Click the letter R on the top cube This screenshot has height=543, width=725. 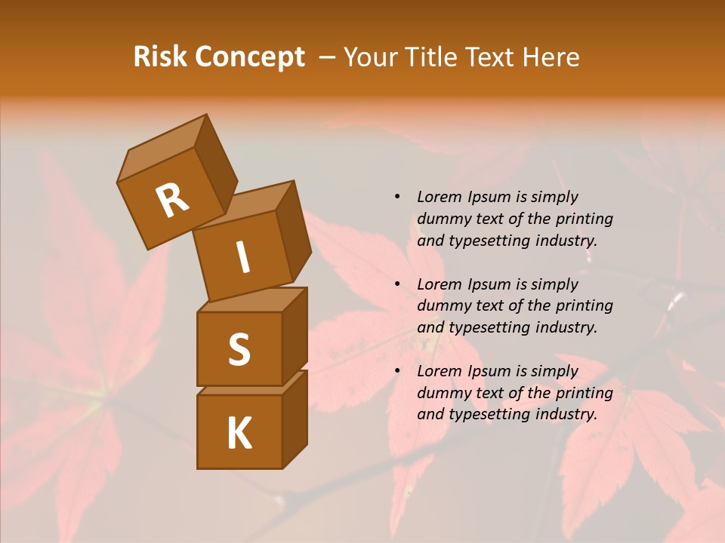point(172,201)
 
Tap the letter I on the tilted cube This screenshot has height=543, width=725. point(242,257)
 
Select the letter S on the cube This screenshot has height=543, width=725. point(239,349)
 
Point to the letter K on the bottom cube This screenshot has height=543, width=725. point(239,434)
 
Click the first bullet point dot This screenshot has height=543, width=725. point(397,198)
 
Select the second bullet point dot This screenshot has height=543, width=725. point(397,285)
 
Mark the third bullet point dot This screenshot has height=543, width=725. point(397,372)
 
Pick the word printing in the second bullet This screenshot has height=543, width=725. point(584,306)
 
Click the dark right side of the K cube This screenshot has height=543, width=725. point(295,419)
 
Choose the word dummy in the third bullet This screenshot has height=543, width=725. point(443,393)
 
